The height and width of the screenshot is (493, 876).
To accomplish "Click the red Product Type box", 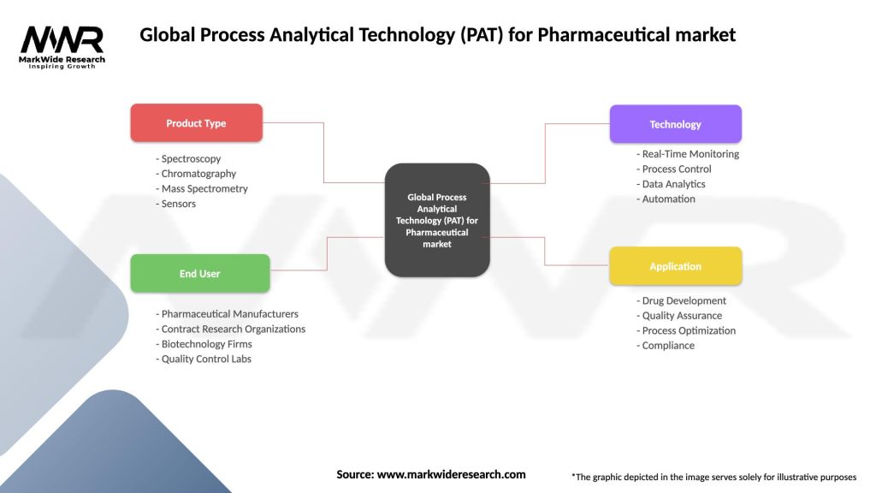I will pyautogui.click(x=196, y=123).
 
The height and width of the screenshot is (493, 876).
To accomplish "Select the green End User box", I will pyautogui.click(x=199, y=274).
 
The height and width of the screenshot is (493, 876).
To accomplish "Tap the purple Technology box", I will pyautogui.click(x=675, y=124).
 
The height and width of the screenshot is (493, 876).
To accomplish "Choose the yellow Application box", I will pyautogui.click(x=675, y=266).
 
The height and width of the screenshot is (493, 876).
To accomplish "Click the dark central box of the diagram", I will pyautogui.click(x=437, y=220).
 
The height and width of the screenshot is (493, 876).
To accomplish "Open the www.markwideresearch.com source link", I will pyautogui.click(x=452, y=474).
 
